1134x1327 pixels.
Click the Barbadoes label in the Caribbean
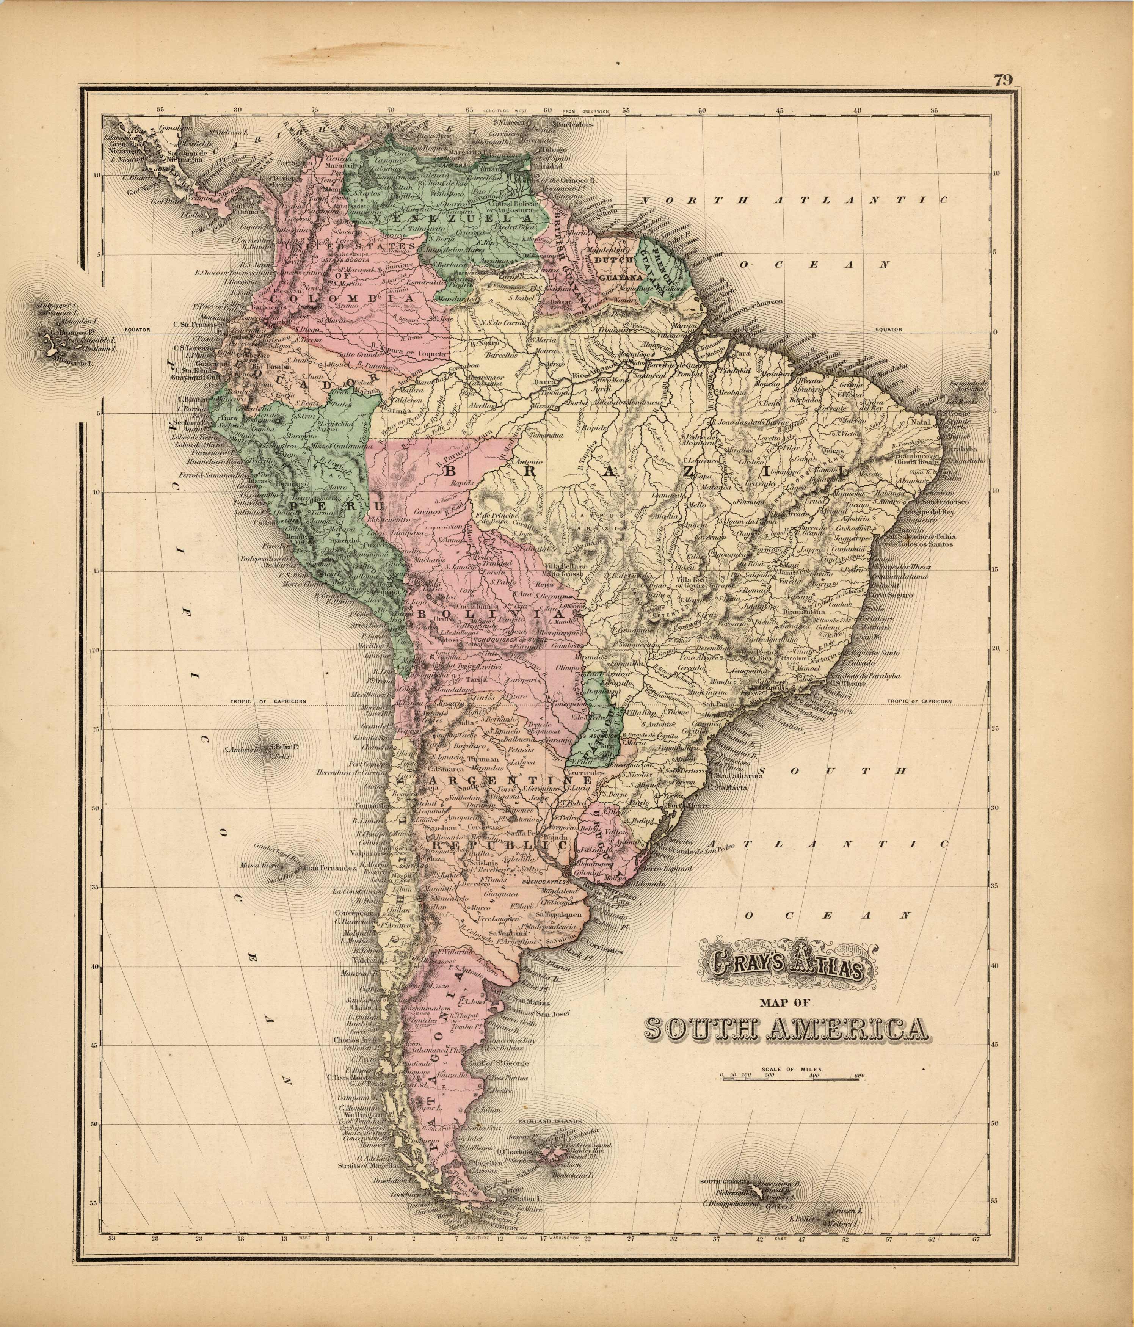574,125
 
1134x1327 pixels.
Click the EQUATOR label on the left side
137,330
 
